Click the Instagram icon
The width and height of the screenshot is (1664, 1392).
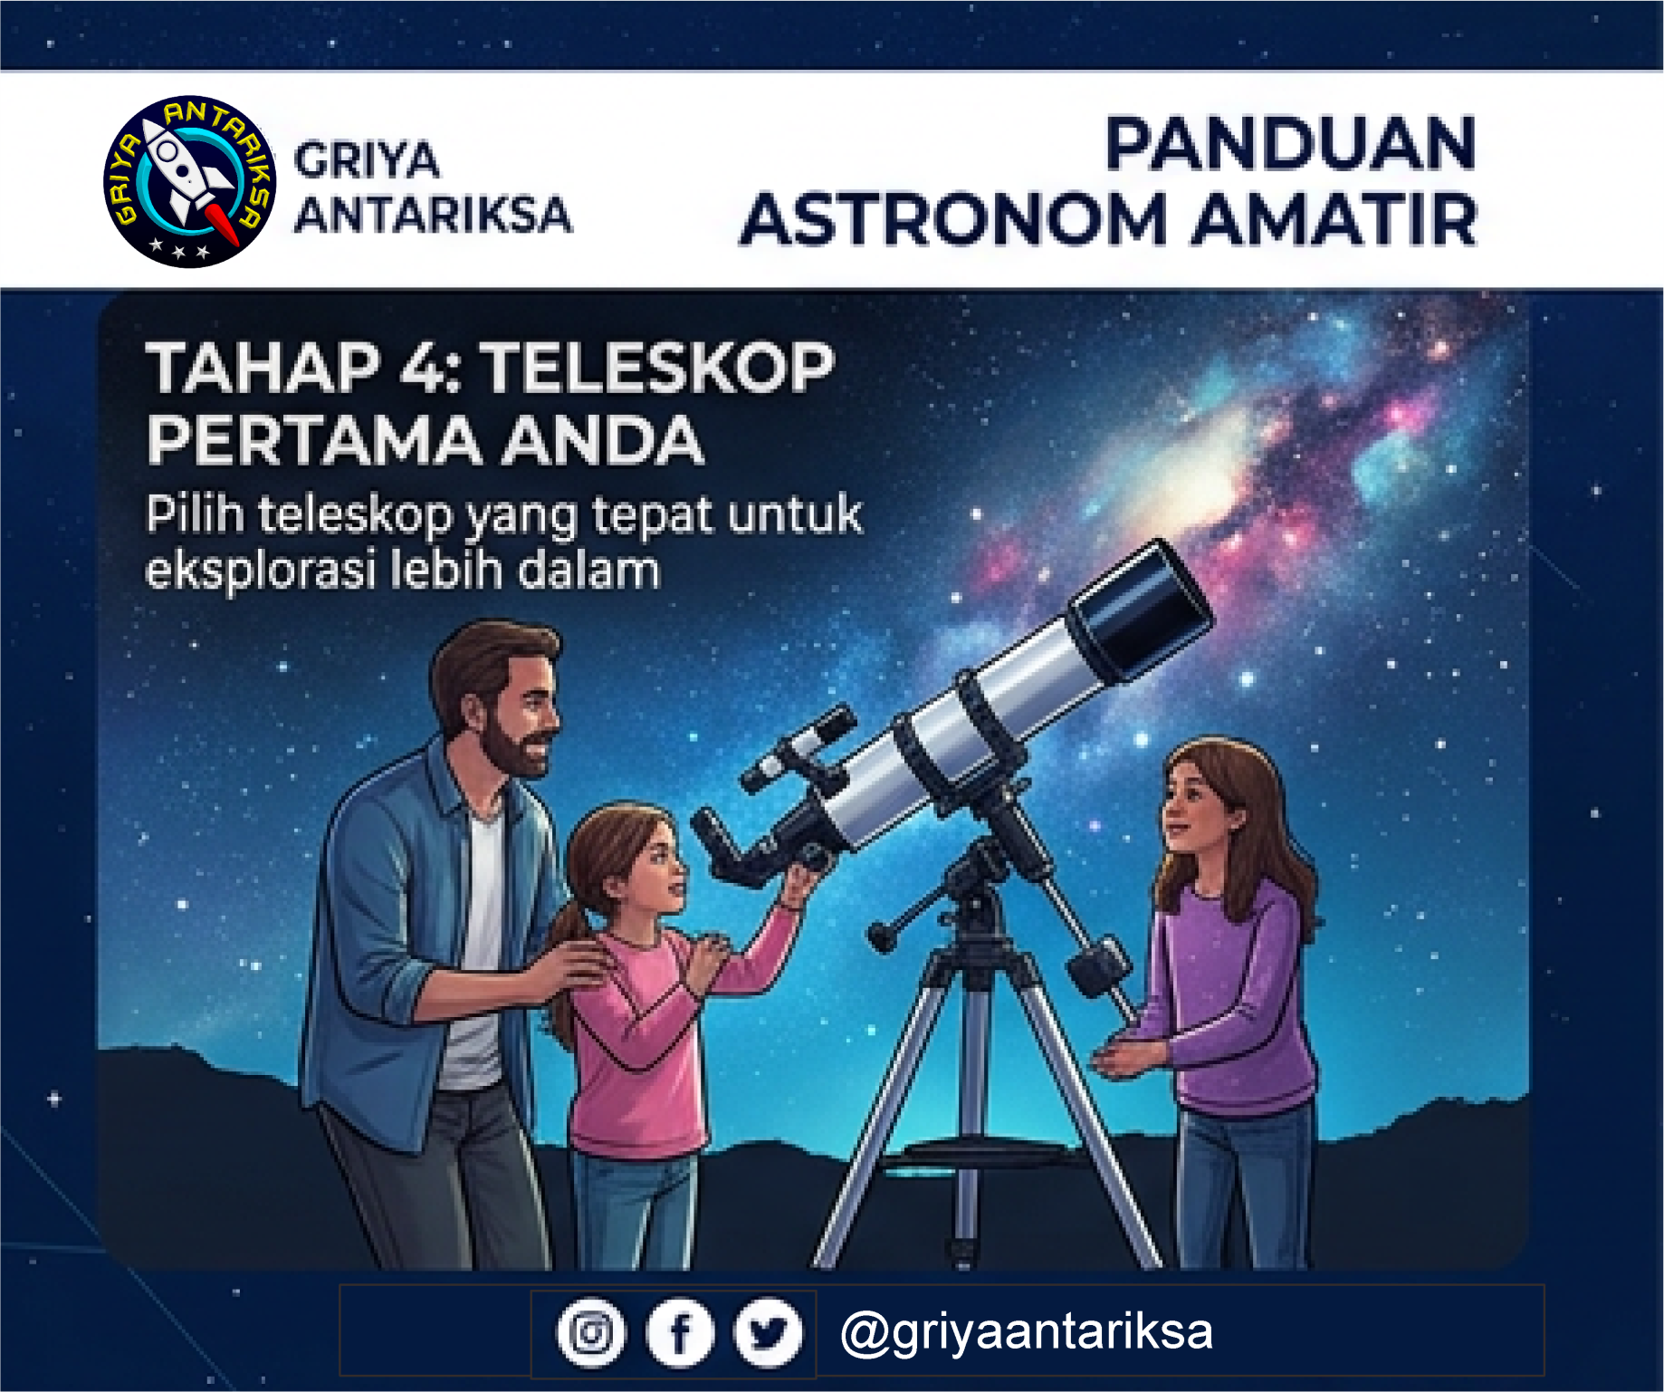[590, 1332]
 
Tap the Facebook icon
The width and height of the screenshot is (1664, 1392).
[680, 1332]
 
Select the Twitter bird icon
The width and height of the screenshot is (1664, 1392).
[768, 1332]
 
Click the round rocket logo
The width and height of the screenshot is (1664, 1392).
[189, 181]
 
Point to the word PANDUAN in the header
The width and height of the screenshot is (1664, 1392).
[1290, 143]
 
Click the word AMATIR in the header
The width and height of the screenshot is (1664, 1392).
[1334, 219]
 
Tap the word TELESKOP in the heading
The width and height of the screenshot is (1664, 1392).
[656, 368]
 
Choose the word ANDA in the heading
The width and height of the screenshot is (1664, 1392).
[603, 440]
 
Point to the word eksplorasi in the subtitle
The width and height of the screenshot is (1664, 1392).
[260, 571]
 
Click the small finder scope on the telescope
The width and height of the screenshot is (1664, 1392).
[797, 748]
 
